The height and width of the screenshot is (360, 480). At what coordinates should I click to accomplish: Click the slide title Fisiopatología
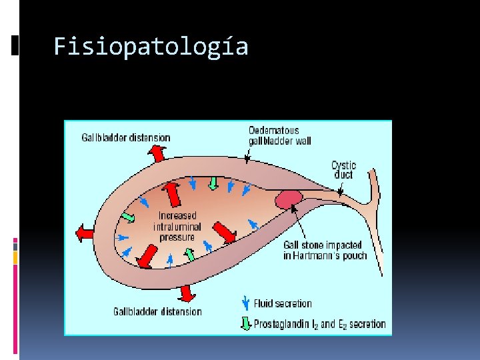click(x=151, y=47)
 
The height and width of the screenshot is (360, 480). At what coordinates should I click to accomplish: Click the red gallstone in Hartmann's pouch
click(x=289, y=199)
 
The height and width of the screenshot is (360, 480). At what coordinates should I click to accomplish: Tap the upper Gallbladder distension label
click(x=126, y=137)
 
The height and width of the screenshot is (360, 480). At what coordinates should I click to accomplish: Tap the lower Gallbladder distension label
click(x=157, y=311)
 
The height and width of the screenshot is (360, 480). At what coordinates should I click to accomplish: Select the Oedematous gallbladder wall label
click(x=279, y=135)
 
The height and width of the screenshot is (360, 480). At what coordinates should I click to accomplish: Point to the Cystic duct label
click(x=344, y=170)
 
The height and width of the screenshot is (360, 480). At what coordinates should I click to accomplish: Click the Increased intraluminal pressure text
click(x=177, y=226)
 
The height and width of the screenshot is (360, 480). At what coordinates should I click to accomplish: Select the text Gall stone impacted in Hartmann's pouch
click(x=325, y=250)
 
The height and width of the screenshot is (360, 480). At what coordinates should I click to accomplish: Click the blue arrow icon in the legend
click(x=245, y=303)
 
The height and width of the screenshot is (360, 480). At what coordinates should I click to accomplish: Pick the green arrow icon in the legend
click(x=245, y=324)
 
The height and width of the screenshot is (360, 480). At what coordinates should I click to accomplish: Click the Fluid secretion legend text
click(x=283, y=303)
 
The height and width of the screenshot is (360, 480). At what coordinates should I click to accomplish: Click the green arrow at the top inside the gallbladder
click(x=213, y=182)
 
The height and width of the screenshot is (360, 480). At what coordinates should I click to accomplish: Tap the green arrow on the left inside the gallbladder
click(x=128, y=217)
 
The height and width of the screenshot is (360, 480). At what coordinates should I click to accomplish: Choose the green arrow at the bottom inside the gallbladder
click(x=189, y=254)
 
